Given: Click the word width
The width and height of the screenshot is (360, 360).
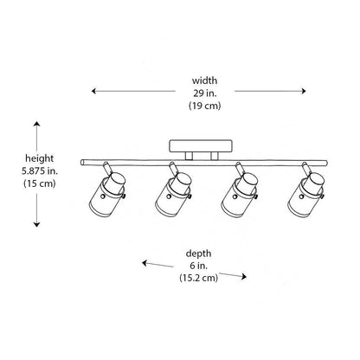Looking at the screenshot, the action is coord(204,80).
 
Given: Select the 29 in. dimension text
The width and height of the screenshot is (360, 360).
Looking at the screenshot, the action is coord(205,93).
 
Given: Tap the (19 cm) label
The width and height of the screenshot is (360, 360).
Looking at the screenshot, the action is coord(205,106).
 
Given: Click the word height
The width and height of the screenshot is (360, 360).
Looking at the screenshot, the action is coord(40,158).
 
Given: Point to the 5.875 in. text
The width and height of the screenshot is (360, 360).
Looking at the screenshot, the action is coord(40,171).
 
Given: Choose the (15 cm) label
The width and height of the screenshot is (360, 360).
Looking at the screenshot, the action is coord(40,183).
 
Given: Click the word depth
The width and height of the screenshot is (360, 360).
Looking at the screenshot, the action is coord(198,254).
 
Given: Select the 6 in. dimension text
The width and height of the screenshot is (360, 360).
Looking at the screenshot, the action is coord(198,266).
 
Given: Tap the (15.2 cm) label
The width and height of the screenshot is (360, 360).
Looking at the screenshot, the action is coord(198,278).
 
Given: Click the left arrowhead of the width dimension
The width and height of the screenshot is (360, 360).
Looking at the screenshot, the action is coord(93,91).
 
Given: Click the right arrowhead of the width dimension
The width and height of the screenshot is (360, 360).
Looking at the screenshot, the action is coord(304,91).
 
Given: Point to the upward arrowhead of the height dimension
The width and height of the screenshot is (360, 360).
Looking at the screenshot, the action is coord(36,124).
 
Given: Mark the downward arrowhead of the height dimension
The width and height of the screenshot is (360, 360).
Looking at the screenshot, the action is coord(36,224).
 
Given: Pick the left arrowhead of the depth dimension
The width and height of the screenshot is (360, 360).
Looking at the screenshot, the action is coord(145,262).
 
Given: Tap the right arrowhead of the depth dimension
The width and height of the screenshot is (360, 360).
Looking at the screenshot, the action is coord(244,277).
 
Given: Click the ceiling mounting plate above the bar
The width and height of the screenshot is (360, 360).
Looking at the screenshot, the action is coord(201,146).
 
